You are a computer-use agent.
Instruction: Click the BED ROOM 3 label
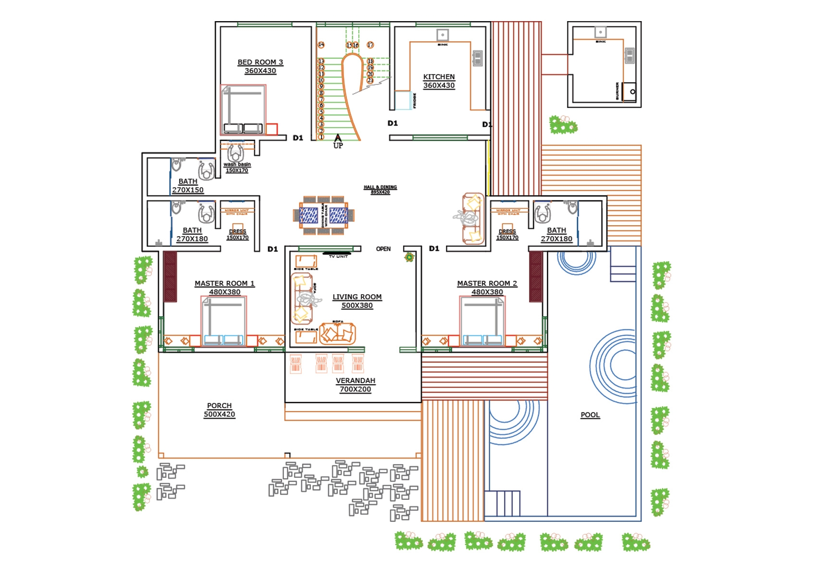(260, 62)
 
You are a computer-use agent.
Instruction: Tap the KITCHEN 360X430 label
(439, 81)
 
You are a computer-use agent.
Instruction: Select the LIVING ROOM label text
(357, 297)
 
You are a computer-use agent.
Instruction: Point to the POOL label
(590, 415)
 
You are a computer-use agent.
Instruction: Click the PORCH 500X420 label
(219, 410)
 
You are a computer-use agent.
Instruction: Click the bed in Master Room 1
(223, 320)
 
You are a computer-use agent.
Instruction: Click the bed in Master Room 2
(482, 320)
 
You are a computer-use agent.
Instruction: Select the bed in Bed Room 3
(243, 110)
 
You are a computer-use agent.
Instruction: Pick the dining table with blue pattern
(323, 215)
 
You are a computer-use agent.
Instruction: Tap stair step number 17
(370, 45)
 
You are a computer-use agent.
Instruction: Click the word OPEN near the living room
(383, 249)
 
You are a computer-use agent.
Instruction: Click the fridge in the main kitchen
(403, 100)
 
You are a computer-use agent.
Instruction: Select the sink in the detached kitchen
(600, 33)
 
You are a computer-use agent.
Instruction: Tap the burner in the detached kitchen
(629, 91)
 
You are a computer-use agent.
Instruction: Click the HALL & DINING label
(380, 190)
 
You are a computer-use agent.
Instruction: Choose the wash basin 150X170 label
(237, 167)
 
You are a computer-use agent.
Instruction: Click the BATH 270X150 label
(188, 186)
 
